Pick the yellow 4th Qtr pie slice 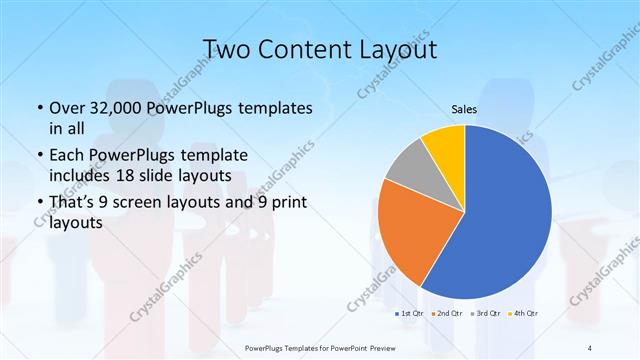(x=442, y=145)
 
